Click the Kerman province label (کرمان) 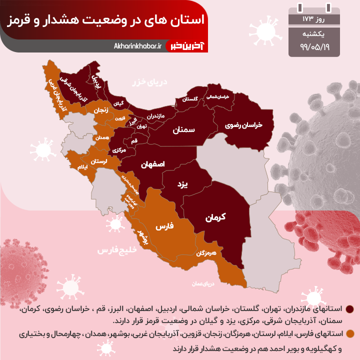pyautogui.click(x=216, y=217)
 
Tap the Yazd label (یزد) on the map pyautogui.click(x=182, y=184)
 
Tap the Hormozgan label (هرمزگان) pyautogui.click(x=206, y=253)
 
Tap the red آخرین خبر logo pyautogui.click(x=190, y=46)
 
